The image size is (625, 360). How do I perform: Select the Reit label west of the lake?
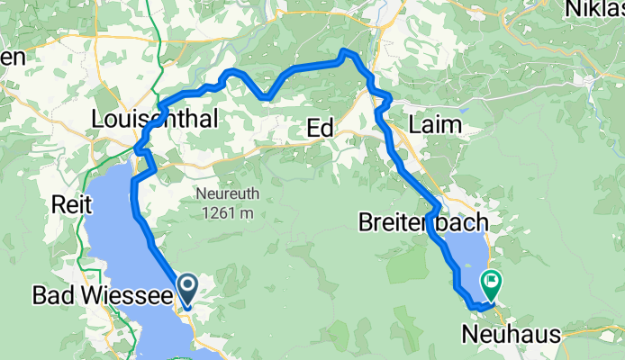[72, 204]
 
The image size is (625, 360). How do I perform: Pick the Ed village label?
[320, 129]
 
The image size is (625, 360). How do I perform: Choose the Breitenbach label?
[423, 221]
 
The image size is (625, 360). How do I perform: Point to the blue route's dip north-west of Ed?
[263, 96]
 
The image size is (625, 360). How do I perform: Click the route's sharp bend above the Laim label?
[387, 96]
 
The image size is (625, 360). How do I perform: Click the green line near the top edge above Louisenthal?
[157, 27]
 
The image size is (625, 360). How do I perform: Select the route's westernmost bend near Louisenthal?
[137, 148]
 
